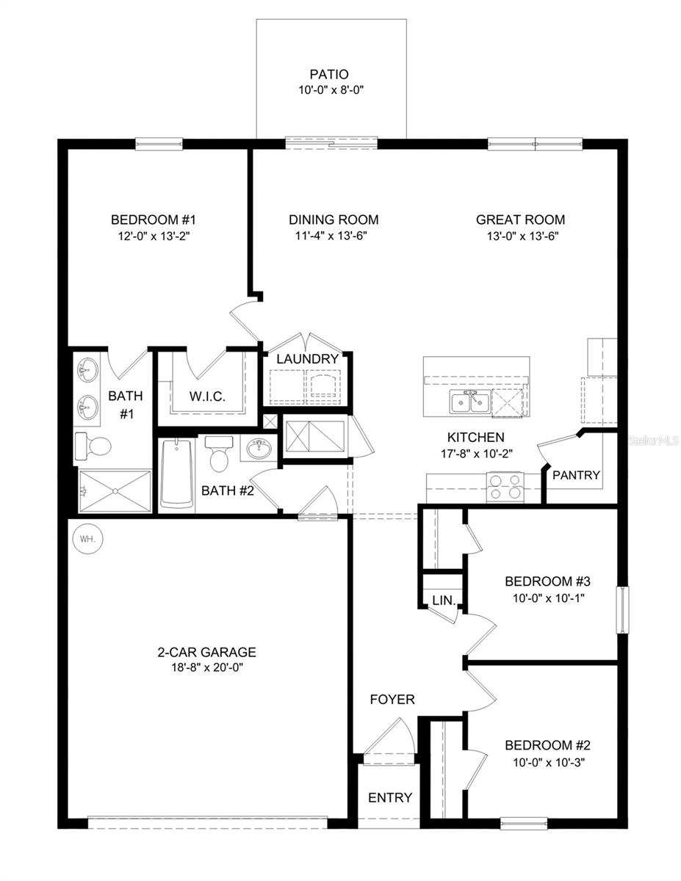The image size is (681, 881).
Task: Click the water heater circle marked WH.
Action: tap(87, 539)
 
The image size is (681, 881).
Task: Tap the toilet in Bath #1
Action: tap(93, 446)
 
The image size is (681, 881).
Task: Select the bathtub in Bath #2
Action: tap(177, 474)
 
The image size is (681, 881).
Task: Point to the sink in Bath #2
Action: tap(258, 449)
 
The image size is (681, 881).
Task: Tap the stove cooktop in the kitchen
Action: tap(505, 487)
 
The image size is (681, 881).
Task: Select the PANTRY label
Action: tap(576, 475)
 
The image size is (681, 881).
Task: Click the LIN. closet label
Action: tap(444, 600)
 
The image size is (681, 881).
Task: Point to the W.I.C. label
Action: tap(206, 396)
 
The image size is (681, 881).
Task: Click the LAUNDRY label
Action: tap(307, 359)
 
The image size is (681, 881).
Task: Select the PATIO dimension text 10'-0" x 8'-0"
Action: tap(328, 90)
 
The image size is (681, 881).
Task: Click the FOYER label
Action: tap(392, 700)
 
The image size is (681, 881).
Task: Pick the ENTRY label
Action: tap(390, 797)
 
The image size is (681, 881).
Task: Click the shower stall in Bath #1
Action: tap(114, 490)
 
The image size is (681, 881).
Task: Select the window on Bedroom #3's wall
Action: tap(621, 609)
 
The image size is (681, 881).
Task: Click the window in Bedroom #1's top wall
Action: tap(159, 144)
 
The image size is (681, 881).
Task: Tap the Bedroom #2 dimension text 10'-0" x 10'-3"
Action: tap(548, 762)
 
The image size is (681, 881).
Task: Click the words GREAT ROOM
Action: tap(520, 220)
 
